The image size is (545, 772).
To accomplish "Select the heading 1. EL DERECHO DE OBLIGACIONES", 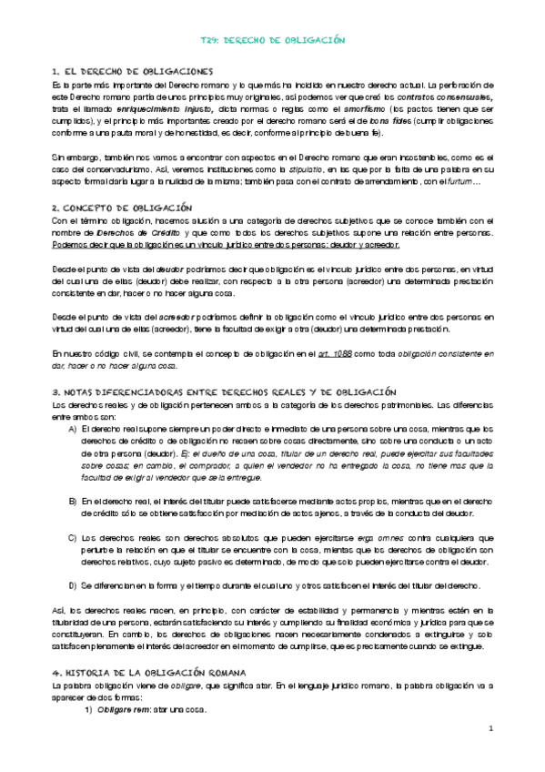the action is [133, 71].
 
